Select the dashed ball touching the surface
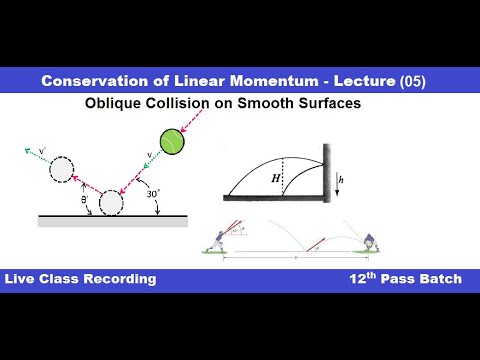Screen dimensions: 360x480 pos(109,201)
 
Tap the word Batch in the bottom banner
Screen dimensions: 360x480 pos(439,278)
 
